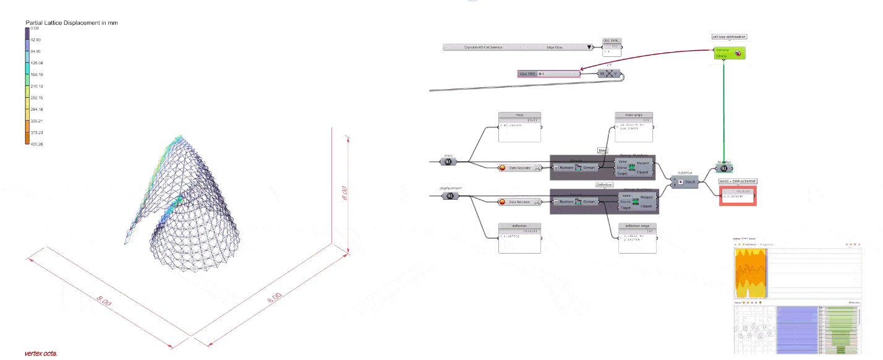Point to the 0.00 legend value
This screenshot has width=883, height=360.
click(35, 28)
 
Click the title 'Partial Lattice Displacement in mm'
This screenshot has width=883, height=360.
click(71, 22)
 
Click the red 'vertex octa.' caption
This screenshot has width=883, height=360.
click(41, 354)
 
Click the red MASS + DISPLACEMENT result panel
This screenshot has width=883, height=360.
click(738, 195)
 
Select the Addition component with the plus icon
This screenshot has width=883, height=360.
click(685, 182)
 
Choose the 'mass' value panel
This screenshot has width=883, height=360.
click(519, 127)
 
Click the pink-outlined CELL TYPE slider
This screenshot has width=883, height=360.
click(548, 74)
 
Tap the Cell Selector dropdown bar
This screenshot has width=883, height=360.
click(518, 47)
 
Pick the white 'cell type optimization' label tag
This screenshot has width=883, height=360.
click(729, 36)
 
